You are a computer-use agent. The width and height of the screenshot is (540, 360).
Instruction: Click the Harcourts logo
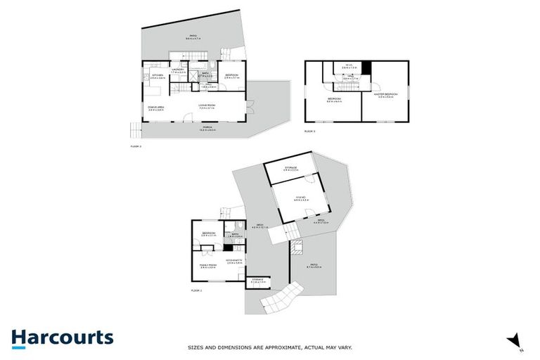click(x=62, y=337)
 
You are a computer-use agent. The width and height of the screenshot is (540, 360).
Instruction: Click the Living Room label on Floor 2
click(x=205, y=106)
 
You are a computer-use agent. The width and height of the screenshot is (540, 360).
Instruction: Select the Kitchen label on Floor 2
click(x=157, y=76)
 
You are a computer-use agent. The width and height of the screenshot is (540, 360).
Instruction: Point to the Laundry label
click(x=178, y=70)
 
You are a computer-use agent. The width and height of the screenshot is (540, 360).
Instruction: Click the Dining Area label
click(x=156, y=108)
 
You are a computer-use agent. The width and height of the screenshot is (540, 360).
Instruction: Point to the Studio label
click(x=300, y=199)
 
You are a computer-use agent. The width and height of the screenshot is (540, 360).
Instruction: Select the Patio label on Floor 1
click(x=314, y=266)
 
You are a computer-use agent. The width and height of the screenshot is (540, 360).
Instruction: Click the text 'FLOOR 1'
click(x=196, y=290)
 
